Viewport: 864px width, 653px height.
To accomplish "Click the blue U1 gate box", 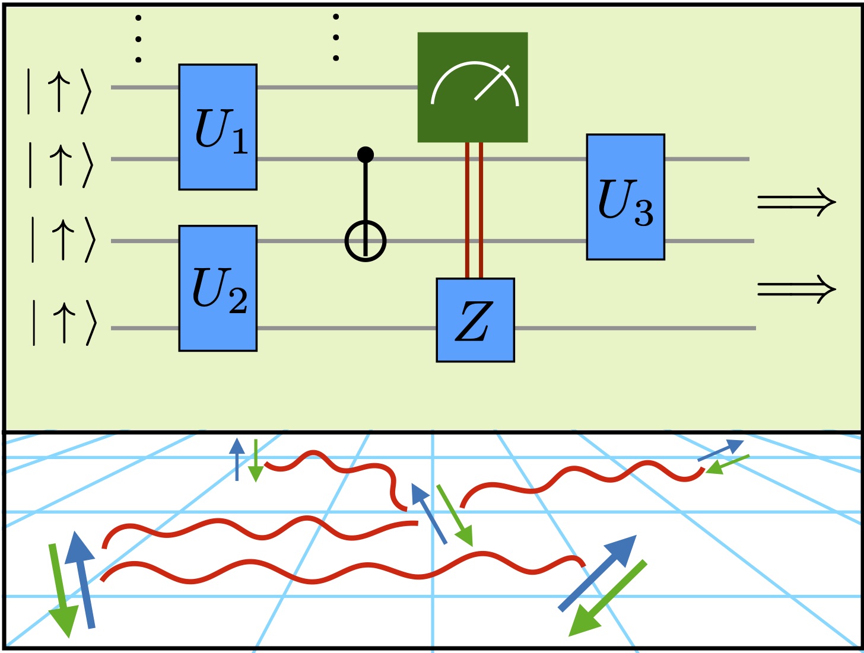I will tap(218, 127).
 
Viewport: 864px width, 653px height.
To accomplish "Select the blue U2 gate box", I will tap(218, 288).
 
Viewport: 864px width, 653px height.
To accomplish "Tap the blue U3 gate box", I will tap(625, 197).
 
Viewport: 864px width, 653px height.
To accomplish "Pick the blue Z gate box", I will tap(475, 320).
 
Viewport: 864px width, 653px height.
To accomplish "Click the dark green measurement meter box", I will tap(472, 87).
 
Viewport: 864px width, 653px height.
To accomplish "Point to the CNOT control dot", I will tap(366, 155).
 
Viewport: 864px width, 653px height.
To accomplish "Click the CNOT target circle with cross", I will tap(366, 241).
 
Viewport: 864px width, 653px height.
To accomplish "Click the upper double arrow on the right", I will tap(796, 202).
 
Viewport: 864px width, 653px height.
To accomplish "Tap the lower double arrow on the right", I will tap(796, 289).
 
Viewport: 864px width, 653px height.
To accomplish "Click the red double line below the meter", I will tap(474, 210).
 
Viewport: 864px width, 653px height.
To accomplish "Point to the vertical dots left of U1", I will tap(138, 39).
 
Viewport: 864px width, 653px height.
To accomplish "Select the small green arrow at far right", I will tap(728, 464).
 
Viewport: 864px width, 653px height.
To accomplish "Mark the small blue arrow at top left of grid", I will tap(237, 459).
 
